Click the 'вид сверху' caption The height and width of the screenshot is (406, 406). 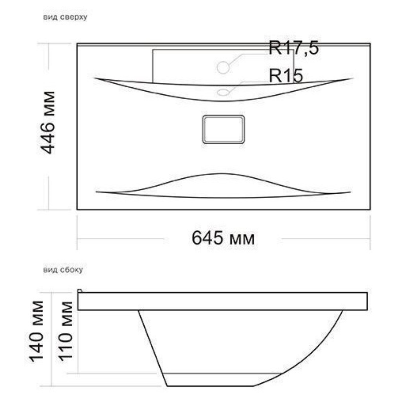pos(65,17)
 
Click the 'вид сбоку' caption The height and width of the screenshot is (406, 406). pos(63,270)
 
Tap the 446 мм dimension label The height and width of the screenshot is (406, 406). pos(48,123)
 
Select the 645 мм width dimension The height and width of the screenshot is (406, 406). pos(223,238)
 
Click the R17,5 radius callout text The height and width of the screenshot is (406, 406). pos(294,48)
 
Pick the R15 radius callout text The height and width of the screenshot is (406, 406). pos(286,76)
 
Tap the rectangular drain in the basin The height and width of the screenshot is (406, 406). pos(223,129)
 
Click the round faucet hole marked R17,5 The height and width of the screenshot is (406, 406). pos(223,67)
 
